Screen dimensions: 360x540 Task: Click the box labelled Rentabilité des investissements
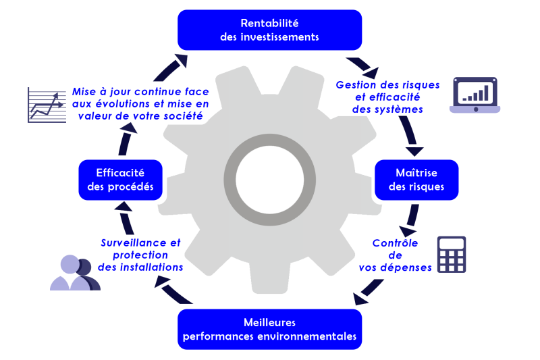pyautogui.click(x=269, y=30)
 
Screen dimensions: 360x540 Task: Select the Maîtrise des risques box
pyautogui.click(x=416, y=180)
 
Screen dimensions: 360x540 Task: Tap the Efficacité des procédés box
pyautogui.click(x=120, y=180)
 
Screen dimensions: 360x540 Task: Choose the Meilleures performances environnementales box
pyautogui.click(x=269, y=329)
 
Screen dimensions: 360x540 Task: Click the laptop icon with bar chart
pyautogui.click(x=475, y=95)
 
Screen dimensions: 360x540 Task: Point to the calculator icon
pyautogui.click(x=452, y=255)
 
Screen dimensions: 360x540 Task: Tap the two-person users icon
pyautogui.click(x=74, y=274)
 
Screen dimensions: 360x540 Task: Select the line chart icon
pyautogui.click(x=47, y=105)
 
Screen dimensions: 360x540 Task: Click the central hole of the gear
pyautogui.click(x=269, y=179)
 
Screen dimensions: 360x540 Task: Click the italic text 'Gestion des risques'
pyautogui.click(x=387, y=85)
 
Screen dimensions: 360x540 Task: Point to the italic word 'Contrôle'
pyautogui.click(x=396, y=243)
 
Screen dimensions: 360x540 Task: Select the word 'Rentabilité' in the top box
pyautogui.click(x=269, y=24)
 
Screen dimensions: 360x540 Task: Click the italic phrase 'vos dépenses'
pyautogui.click(x=396, y=267)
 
